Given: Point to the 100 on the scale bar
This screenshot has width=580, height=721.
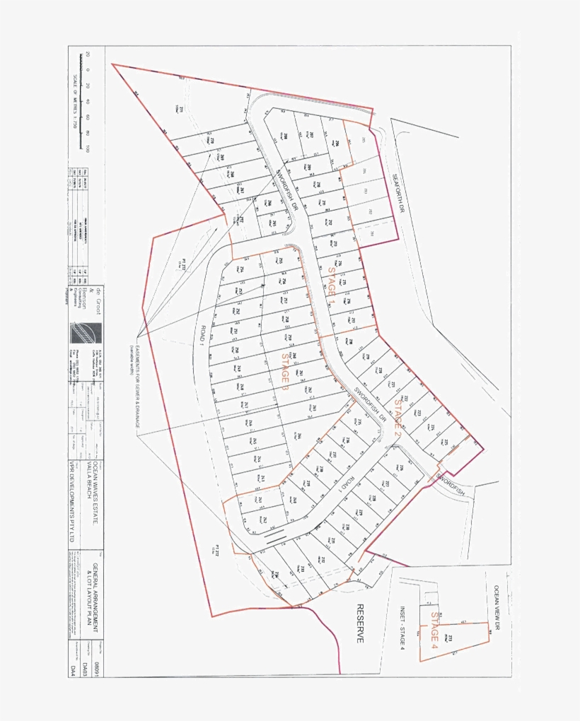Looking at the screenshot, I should (x=88, y=148).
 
